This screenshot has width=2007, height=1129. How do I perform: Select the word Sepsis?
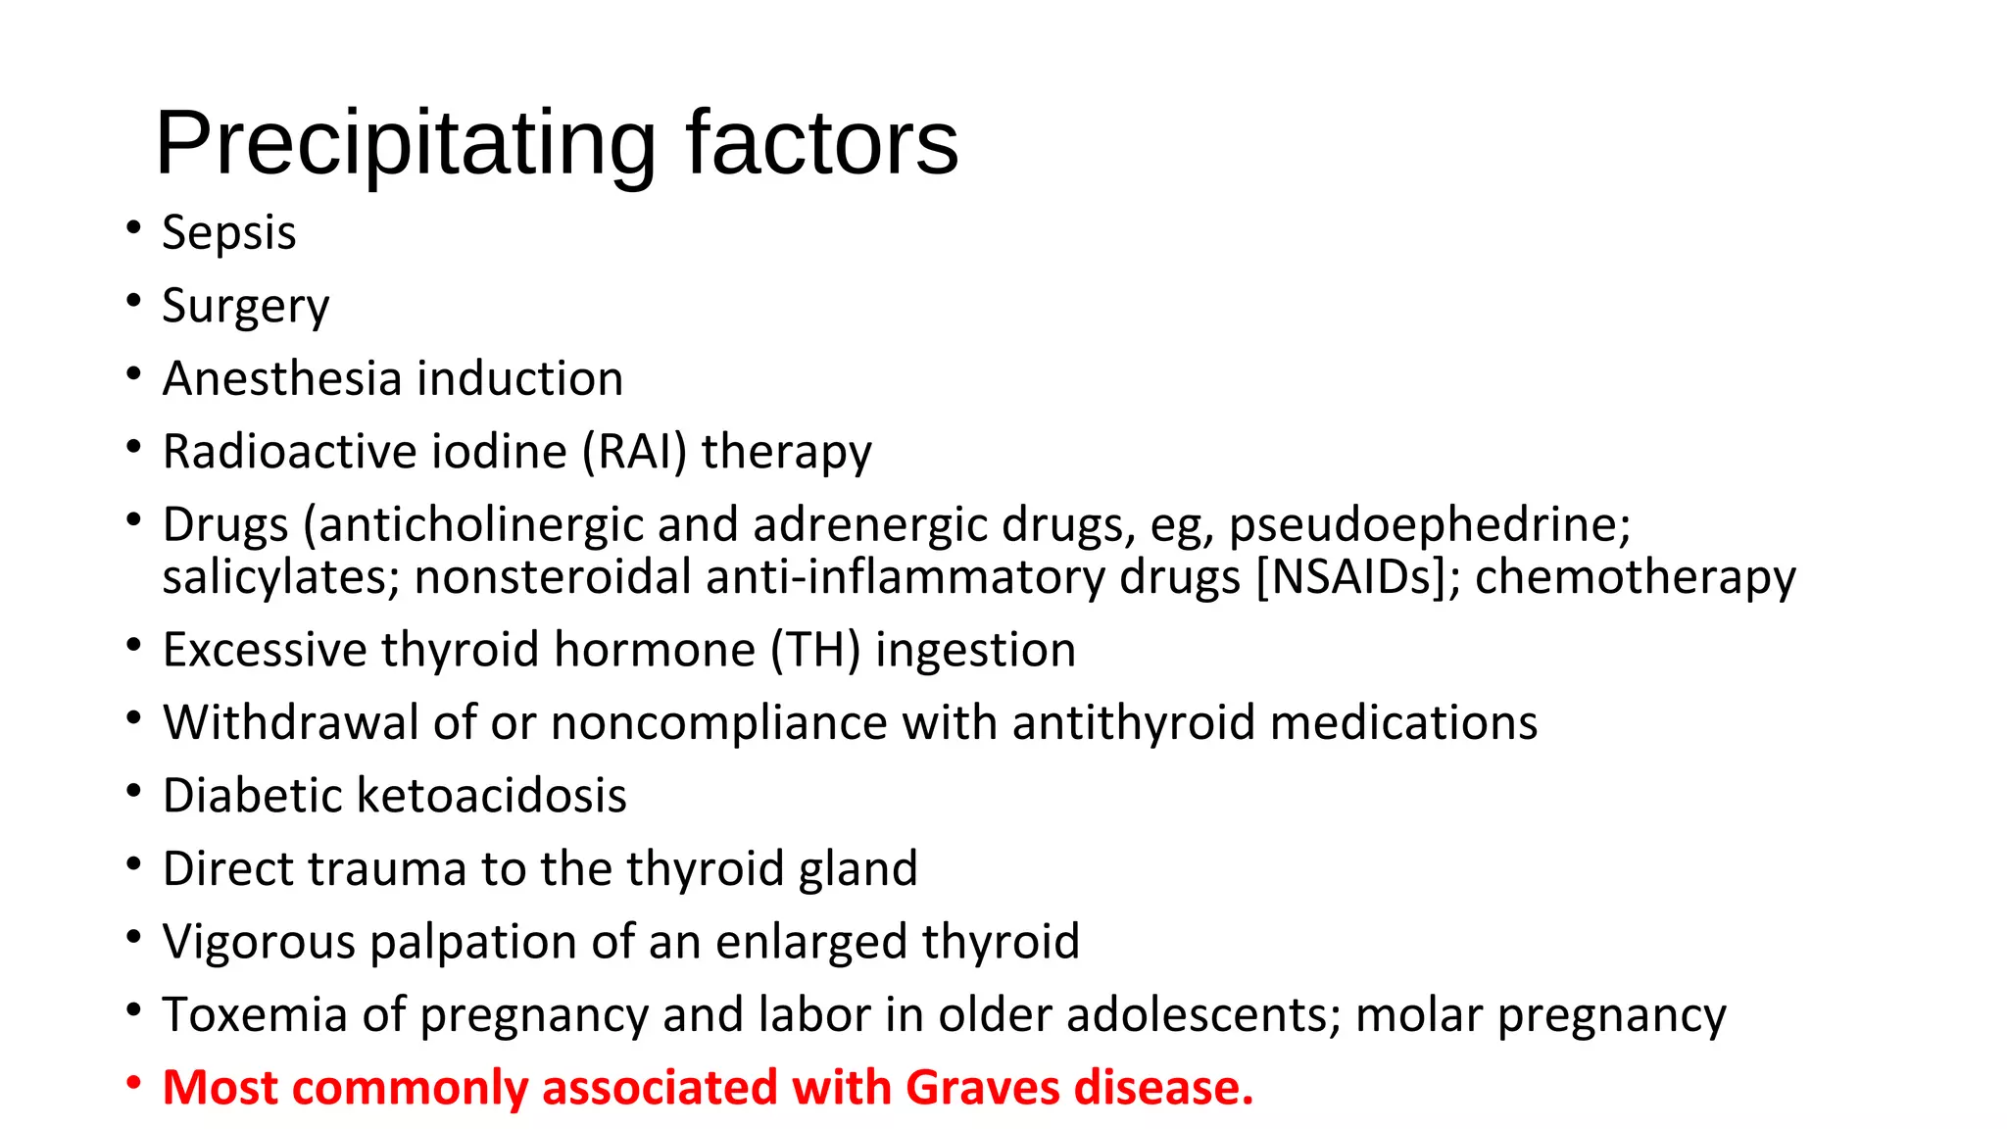point(228,233)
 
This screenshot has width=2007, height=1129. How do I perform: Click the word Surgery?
point(245,307)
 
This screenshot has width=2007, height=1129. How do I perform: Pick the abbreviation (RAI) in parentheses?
point(635,453)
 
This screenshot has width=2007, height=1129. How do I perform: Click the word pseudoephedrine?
point(1430,525)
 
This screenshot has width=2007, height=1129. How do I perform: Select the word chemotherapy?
point(1635,578)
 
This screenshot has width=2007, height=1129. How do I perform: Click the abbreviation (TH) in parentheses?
point(815,650)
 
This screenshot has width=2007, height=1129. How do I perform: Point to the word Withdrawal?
point(291,722)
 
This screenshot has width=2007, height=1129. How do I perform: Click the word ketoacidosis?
point(491,795)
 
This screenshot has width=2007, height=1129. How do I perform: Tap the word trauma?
point(386,869)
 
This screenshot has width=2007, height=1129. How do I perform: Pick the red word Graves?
point(982,1088)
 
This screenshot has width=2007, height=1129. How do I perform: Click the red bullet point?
point(134,1084)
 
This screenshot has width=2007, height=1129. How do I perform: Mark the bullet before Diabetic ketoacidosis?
point(134,791)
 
